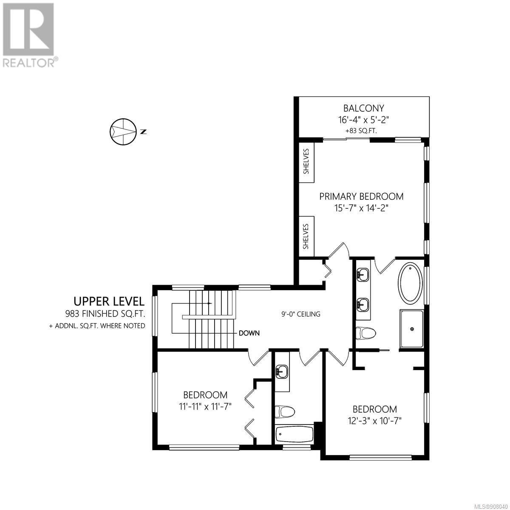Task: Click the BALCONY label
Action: click(363, 108)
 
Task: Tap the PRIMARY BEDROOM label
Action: click(361, 197)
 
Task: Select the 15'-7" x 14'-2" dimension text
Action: click(361, 208)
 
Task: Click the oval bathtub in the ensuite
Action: click(411, 283)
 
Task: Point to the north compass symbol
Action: click(123, 131)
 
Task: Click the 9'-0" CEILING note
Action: click(300, 314)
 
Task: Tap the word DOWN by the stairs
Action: click(249, 333)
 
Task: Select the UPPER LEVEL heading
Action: click(109, 301)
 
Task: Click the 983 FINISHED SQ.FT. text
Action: click(105, 314)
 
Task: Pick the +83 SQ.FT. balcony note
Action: click(361, 131)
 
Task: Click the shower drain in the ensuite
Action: click(412, 329)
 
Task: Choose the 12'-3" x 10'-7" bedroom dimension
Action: click(375, 421)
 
